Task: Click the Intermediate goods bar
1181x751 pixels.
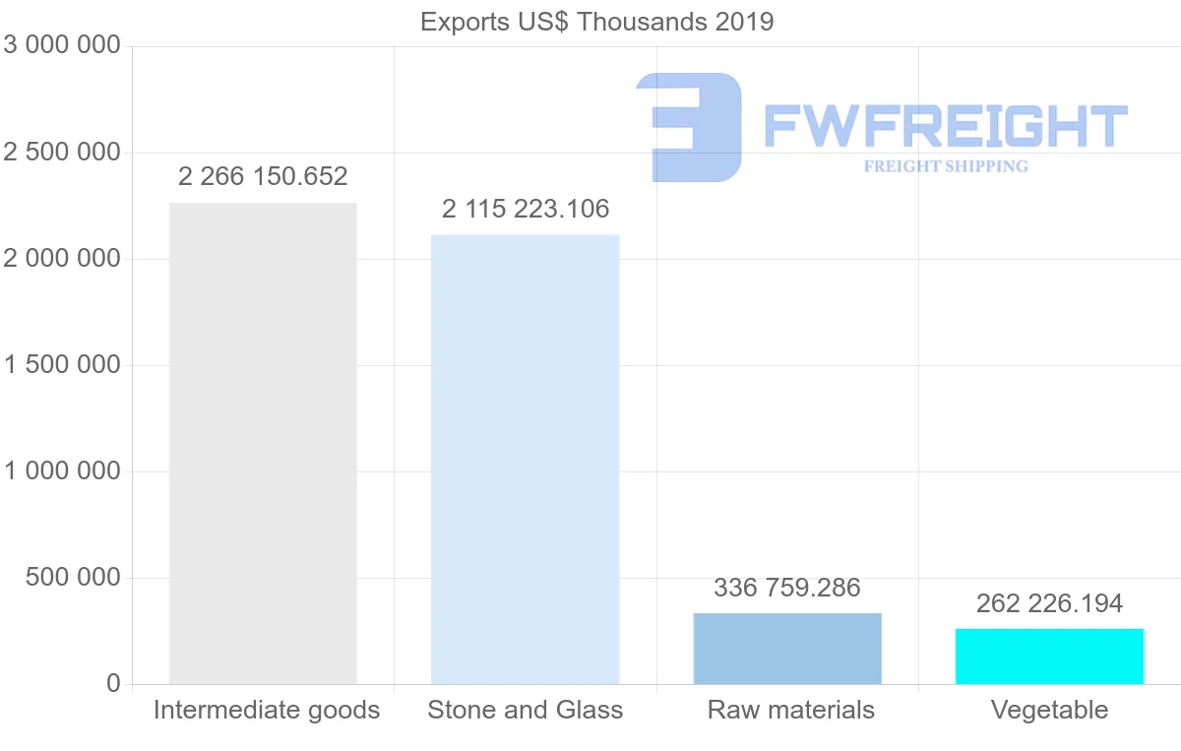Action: (263, 443)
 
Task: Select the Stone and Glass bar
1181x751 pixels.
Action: (526, 459)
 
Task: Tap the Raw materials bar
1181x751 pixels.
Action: (787, 649)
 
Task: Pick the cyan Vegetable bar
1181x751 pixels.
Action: (1049, 657)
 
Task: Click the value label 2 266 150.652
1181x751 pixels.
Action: (263, 177)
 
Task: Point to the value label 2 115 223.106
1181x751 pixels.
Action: (526, 209)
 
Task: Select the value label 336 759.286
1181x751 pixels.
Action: (787, 588)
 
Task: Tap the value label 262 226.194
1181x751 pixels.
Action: (1049, 603)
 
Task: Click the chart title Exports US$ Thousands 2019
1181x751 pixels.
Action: (596, 22)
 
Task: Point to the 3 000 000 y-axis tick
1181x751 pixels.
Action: (62, 45)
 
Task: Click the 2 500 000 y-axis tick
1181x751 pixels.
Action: (62, 153)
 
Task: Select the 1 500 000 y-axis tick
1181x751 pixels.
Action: (62, 365)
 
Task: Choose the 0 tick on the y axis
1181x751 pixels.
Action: (113, 683)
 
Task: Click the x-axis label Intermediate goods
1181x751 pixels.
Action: (267, 710)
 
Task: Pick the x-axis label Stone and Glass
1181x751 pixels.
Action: (526, 710)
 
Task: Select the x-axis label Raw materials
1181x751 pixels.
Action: (790, 710)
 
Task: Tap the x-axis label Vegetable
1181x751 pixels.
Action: (1049, 710)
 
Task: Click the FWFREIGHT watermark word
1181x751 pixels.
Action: (946, 126)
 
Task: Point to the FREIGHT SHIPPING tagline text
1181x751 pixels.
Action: (946, 166)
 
